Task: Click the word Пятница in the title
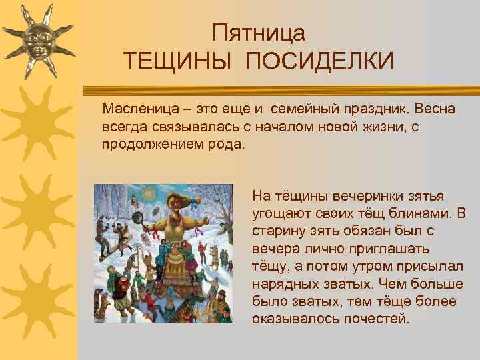259,33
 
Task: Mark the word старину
278,231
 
